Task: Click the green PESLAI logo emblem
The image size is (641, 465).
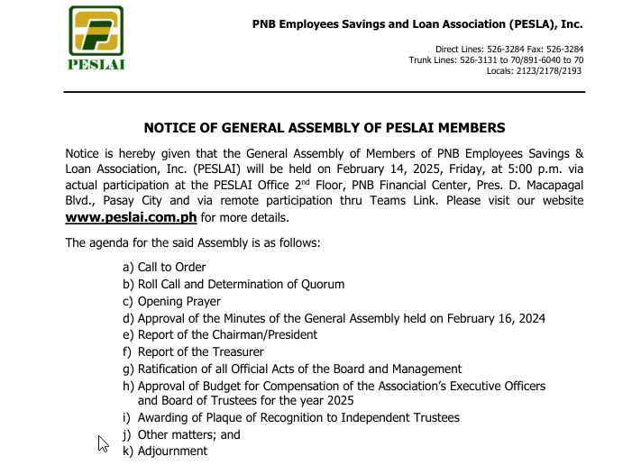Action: click(x=96, y=31)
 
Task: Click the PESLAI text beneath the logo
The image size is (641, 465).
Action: click(x=96, y=64)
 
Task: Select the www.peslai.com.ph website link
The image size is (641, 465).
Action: click(x=131, y=218)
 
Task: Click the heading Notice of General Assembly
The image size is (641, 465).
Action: click(x=325, y=128)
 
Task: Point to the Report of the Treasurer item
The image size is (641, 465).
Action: click(x=200, y=352)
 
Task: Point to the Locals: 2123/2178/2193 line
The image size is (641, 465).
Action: click(x=534, y=70)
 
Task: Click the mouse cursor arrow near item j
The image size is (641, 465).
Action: click(x=103, y=442)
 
